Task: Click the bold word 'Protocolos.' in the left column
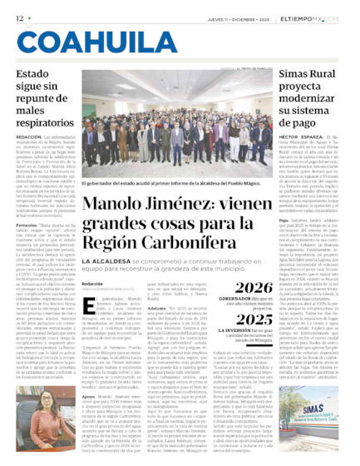click(x=29, y=226)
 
